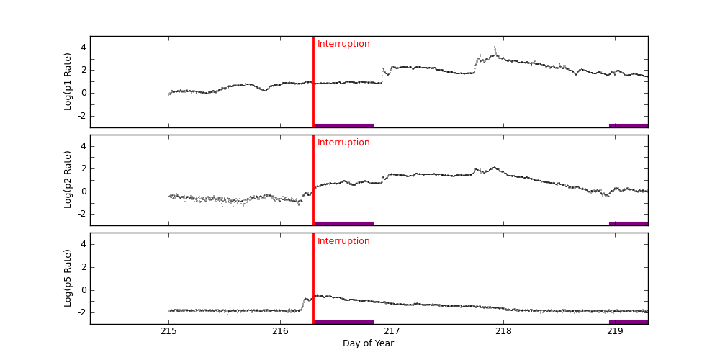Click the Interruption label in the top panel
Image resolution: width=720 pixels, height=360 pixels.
(x=343, y=44)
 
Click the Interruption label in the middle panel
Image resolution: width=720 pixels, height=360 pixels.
(x=343, y=143)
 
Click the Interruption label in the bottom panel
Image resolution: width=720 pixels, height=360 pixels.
(x=343, y=241)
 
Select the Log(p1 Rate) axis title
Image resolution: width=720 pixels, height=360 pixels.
(x=68, y=81)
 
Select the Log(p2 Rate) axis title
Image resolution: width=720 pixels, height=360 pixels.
(x=68, y=179)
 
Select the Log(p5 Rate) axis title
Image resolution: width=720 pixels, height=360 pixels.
(x=68, y=278)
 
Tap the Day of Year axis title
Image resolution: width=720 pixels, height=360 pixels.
(x=368, y=343)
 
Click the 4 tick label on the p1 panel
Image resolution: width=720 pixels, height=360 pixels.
(x=83, y=48)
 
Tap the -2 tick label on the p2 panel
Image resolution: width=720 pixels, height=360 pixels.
(x=81, y=214)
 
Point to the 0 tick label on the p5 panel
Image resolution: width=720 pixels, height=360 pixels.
(x=83, y=289)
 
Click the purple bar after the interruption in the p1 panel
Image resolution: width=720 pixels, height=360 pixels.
(x=343, y=125)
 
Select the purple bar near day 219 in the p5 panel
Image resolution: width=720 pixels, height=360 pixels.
(x=629, y=322)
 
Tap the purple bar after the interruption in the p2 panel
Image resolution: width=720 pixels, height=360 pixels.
(x=343, y=223)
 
